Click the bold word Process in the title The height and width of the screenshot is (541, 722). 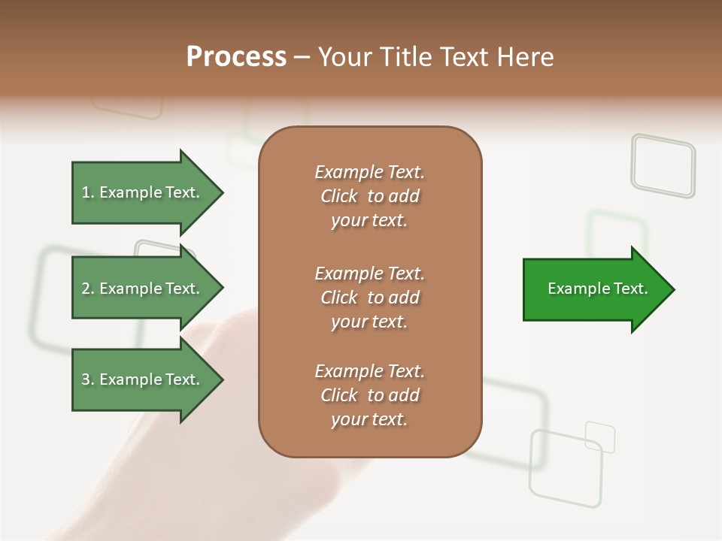pos(236,57)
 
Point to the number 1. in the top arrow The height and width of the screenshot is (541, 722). pos(88,192)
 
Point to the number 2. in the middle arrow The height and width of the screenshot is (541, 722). pos(88,289)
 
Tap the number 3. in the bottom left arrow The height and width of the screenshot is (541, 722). pos(88,379)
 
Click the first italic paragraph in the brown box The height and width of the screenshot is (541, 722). pos(369,196)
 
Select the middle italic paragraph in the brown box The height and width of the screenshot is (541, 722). pos(369,298)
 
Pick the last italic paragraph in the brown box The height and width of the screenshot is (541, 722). pos(369,395)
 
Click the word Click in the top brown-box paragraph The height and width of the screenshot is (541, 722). pos(338,196)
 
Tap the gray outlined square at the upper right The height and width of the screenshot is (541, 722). pos(663,165)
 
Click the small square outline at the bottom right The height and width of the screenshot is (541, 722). pos(600,437)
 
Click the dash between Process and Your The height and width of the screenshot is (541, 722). pos(302,57)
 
